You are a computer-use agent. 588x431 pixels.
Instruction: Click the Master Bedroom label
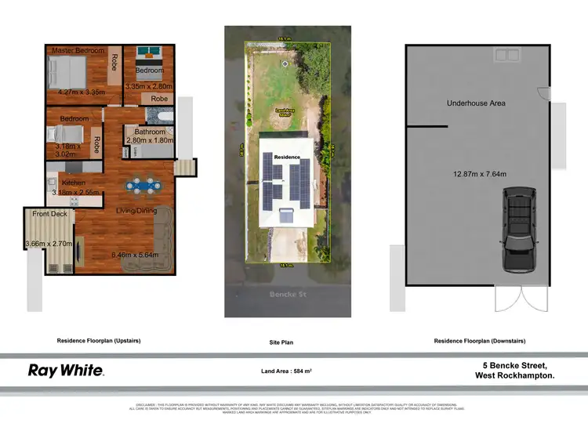click(78, 51)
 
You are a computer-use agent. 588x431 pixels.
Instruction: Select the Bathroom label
click(149, 132)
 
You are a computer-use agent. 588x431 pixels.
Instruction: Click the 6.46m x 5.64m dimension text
click(135, 255)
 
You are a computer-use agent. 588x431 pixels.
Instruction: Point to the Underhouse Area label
click(476, 103)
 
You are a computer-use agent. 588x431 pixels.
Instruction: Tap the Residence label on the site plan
click(286, 158)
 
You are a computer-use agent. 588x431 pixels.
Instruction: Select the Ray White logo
click(66, 370)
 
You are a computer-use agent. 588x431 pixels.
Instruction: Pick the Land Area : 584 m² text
click(281, 371)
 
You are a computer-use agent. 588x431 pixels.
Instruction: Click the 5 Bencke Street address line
click(514, 365)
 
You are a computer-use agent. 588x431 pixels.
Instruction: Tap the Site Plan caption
click(281, 342)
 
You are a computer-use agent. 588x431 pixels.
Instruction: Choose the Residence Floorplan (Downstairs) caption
click(479, 341)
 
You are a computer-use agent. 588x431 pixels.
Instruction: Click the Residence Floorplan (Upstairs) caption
click(98, 341)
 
